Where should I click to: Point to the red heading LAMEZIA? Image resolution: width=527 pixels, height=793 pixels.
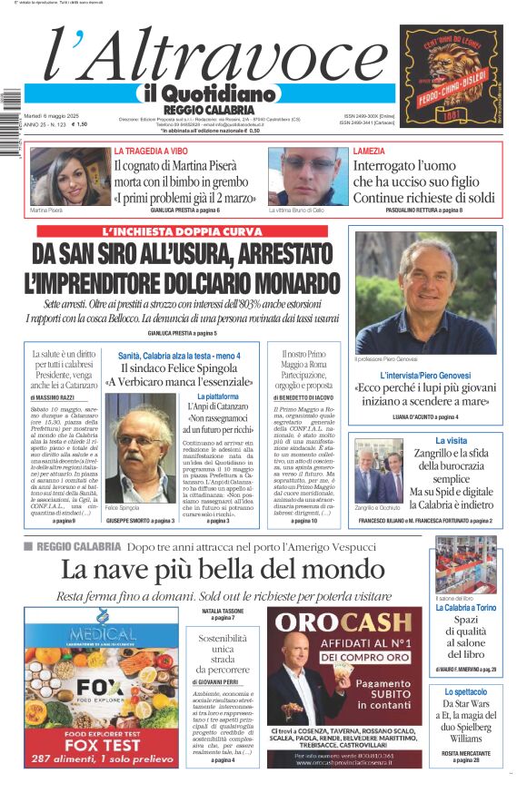pyautogui.click(x=369, y=151)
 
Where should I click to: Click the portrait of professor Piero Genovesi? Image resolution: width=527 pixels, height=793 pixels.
pyautogui.click(x=425, y=292)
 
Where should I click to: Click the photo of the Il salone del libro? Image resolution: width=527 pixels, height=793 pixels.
pyautogui.click(x=465, y=566)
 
